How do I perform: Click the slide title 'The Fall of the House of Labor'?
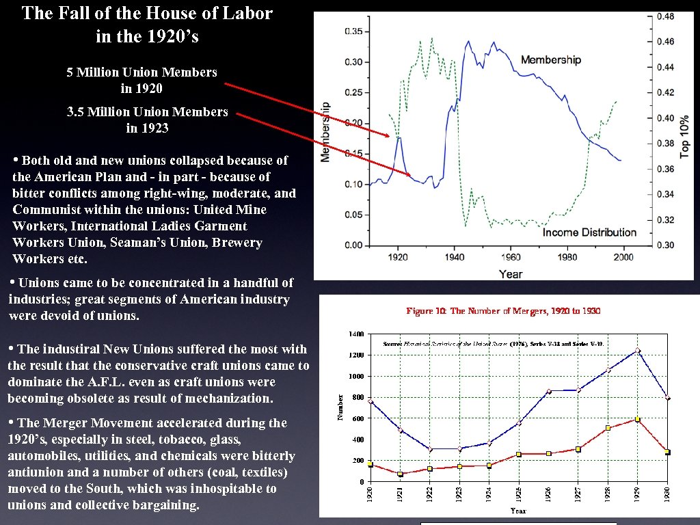(x=147, y=13)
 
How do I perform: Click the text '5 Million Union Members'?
(x=142, y=72)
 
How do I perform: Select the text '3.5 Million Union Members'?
(x=148, y=111)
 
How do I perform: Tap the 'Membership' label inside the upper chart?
(x=550, y=60)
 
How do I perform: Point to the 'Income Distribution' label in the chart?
(x=589, y=232)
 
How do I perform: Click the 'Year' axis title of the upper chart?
(x=511, y=273)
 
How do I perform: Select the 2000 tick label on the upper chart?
(x=623, y=258)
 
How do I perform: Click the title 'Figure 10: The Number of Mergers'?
(x=503, y=311)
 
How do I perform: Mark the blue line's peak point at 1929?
(x=637, y=351)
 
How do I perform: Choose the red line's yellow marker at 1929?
(x=637, y=419)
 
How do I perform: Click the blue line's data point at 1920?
(x=370, y=401)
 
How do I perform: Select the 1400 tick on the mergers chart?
(x=356, y=334)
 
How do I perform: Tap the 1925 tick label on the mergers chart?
(x=518, y=494)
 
